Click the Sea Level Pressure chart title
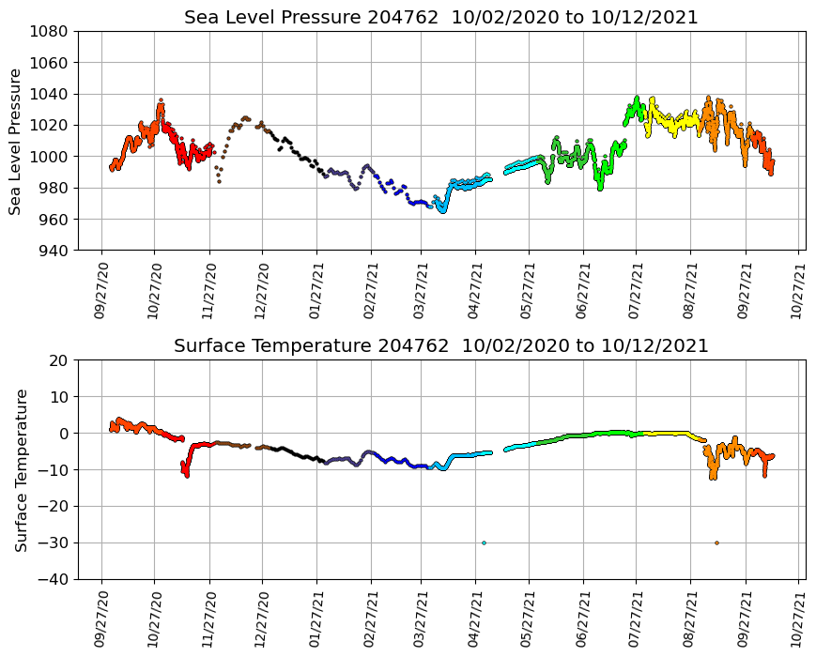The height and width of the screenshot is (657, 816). (440, 18)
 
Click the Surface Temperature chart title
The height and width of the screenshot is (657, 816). (440, 346)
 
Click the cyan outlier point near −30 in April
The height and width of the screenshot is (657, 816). (484, 542)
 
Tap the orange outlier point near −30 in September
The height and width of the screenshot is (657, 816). (716, 542)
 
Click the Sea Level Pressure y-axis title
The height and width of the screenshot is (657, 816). (16, 141)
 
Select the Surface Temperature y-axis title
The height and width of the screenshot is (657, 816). (21, 469)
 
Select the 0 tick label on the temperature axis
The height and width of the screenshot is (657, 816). (64, 434)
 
